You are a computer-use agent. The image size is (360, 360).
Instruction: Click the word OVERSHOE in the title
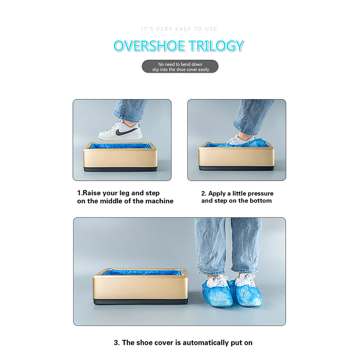click(x=149, y=46)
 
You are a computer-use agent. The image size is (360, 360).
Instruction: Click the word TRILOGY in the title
click(x=216, y=46)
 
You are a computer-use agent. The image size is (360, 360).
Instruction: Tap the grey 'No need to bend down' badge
click(x=180, y=67)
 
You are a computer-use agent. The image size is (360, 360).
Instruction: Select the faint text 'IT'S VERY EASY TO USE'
click(x=179, y=29)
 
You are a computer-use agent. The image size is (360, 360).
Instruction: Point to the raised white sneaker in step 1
click(x=120, y=130)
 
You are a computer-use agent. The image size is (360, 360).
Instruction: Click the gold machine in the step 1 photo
click(x=120, y=157)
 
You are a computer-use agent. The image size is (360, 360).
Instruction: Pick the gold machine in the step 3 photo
click(x=140, y=286)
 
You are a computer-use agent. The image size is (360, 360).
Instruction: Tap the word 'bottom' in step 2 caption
click(x=261, y=201)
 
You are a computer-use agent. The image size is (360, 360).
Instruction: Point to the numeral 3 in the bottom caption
click(x=116, y=343)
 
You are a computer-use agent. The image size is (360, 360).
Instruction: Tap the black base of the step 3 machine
click(x=140, y=301)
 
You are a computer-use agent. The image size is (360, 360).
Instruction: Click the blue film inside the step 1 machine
click(x=120, y=146)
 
